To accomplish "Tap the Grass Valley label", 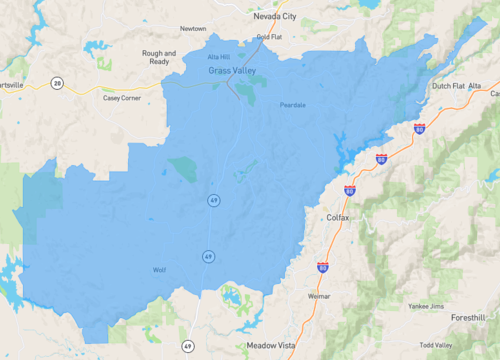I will [x=232, y=72].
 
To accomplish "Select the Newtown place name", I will [x=193, y=29].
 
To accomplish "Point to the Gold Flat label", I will [x=269, y=37].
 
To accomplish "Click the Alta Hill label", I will [x=219, y=57].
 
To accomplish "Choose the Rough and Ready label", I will [x=159, y=56].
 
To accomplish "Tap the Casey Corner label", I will [x=122, y=97].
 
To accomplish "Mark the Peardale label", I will [x=293, y=103].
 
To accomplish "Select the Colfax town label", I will [x=338, y=216].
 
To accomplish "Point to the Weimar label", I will [x=319, y=296].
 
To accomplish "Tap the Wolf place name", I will [x=159, y=270].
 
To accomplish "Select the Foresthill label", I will [x=468, y=317].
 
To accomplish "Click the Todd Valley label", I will [x=436, y=344].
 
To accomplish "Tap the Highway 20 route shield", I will [x=58, y=82].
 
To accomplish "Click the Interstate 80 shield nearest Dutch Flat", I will [x=419, y=129].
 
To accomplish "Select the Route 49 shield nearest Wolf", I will [x=208, y=256].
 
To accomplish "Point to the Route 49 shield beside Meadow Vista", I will [x=187, y=345].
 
